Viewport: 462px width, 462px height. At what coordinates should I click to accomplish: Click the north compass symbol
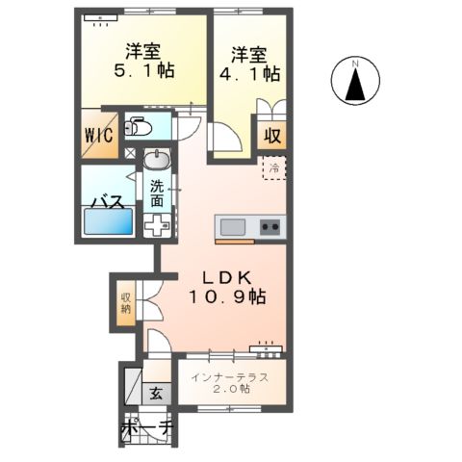354,81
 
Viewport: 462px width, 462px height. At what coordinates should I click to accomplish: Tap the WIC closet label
100,135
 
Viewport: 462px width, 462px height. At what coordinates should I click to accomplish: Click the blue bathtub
108,221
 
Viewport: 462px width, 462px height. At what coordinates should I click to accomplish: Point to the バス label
105,202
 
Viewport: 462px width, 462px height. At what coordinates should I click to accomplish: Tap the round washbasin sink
157,160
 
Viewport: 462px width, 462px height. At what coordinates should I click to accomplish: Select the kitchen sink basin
233,227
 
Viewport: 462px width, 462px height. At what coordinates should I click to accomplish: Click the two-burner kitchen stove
269,228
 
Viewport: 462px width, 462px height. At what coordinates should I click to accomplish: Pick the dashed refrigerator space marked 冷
274,168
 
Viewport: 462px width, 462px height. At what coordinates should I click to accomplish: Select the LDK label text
223,277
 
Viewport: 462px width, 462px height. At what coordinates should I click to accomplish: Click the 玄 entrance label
155,393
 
